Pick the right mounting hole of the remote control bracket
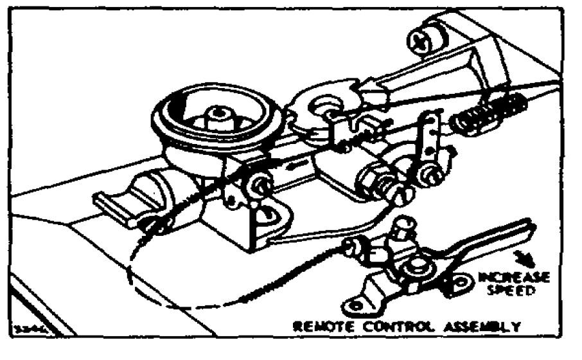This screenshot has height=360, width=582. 461,281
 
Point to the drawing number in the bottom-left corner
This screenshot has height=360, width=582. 31,327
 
